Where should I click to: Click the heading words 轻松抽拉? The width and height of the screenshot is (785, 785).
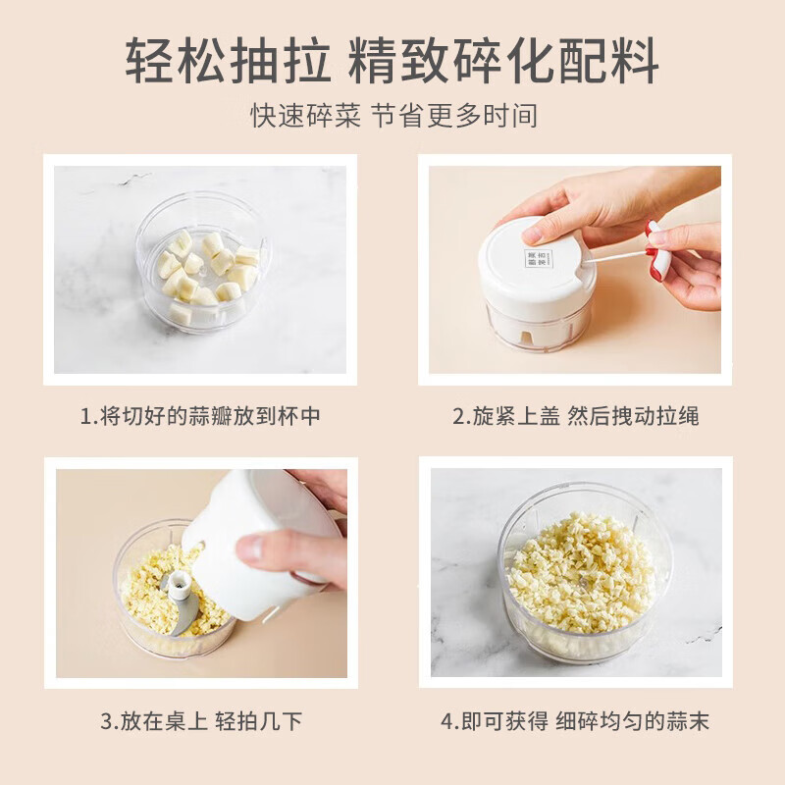pyautogui.click(x=230, y=61)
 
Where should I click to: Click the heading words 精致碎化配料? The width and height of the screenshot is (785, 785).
pyautogui.click(x=503, y=61)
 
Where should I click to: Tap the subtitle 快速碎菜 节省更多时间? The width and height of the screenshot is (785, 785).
pyautogui.click(x=393, y=115)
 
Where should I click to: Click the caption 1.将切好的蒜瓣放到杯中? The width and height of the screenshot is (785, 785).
pyautogui.click(x=200, y=416)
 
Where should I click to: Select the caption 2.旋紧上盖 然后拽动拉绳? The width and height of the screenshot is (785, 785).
pyautogui.click(x=575, y=416)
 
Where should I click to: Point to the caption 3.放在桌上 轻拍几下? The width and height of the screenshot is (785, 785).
pyautogui.click(x=200, y=722)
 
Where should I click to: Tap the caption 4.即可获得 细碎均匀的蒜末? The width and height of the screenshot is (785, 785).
pyautogui.click(x=575, y=722)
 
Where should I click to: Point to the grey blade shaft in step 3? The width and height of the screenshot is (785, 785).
pyautogui.click(x=182, y=599)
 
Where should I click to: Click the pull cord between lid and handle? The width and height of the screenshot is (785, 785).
pyautogui.click(x=616, y=257)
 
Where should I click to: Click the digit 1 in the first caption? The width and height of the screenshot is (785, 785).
pyautogui.click(x=85, y=416)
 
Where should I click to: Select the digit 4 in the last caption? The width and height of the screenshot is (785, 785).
pyautogui.click(x=446, y=722)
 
